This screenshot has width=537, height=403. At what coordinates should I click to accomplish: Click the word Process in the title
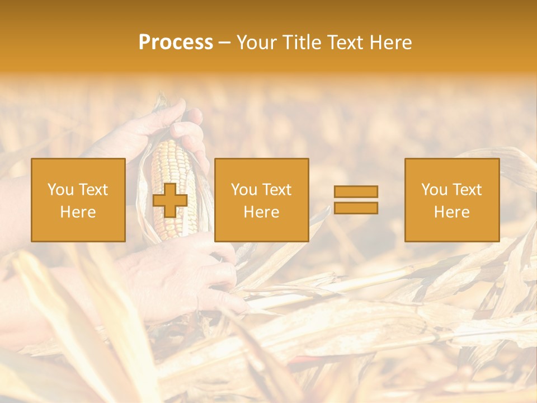(176, 43)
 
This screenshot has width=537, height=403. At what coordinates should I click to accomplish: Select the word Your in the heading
(255, 43)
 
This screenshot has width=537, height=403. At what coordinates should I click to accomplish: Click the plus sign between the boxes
(170, 200)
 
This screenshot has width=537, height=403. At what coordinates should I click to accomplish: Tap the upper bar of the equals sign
(356, 191)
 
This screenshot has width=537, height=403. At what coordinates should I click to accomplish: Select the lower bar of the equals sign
(356, 208)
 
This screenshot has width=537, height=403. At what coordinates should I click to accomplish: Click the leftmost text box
(78, 200)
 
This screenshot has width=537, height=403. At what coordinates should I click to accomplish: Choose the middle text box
(261, 200)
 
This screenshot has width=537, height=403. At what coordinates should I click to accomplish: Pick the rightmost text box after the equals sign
(452, 200)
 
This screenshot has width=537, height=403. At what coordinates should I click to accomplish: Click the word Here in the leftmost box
(78, 212)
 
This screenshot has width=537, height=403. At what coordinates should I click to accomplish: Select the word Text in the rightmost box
(468, 190)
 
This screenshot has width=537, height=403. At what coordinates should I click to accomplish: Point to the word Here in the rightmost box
(452, 212)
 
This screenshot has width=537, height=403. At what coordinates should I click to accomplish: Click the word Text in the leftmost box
(93, 190)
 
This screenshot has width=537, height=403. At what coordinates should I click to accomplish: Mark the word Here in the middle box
(261, 212)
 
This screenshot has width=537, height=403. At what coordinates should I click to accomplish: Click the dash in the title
(225, 43)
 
